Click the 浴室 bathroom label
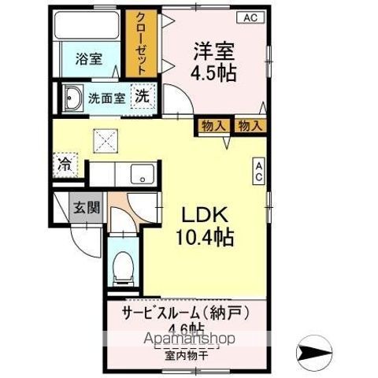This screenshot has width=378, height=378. tap(87, 58)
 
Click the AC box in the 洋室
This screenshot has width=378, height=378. tap(250, 17)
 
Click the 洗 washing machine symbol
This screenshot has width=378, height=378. tap(142, 97)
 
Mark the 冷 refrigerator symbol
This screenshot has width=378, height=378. tap(63, 166)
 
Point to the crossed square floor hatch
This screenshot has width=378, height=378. tap(106, 141)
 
